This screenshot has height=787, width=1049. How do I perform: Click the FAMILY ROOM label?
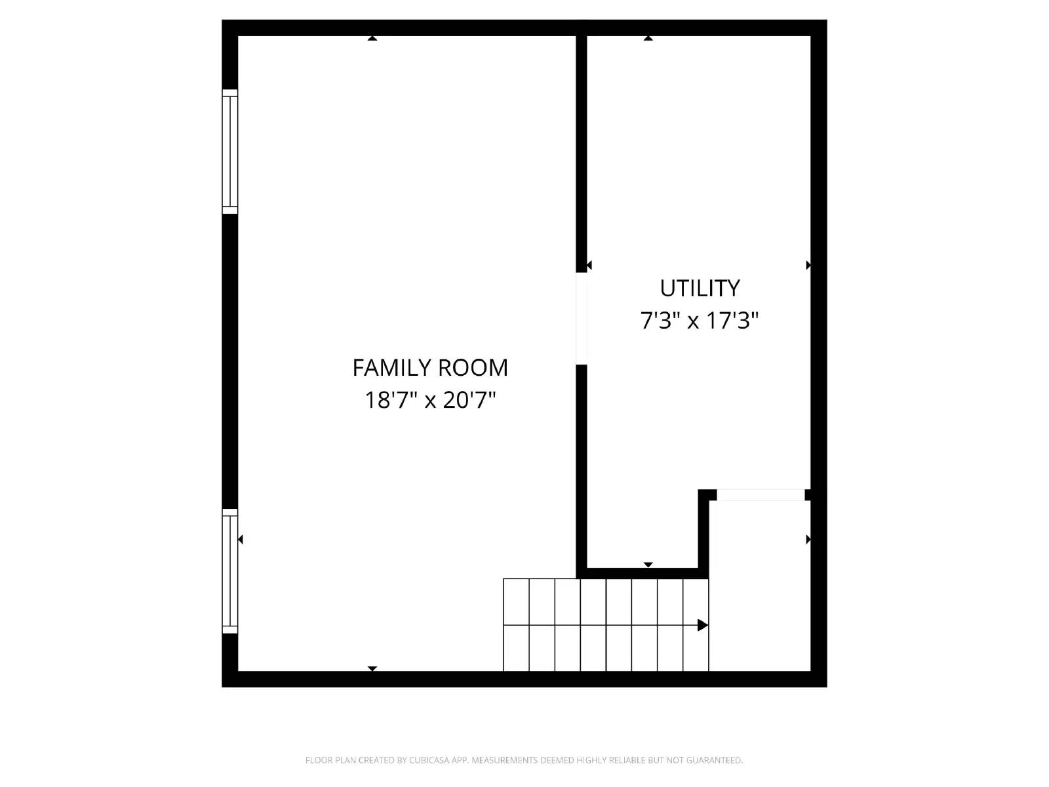430,368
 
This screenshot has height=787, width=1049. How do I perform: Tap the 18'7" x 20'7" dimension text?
430,400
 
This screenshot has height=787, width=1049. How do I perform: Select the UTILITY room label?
700,288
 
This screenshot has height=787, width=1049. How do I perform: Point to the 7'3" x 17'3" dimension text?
700,321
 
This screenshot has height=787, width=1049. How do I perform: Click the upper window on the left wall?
230,151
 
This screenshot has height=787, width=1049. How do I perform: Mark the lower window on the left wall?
230,571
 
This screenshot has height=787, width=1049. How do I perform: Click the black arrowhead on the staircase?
702,625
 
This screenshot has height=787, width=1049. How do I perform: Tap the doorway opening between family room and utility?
582,318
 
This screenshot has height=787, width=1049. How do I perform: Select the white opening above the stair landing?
761,495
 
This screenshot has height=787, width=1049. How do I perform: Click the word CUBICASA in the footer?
429,760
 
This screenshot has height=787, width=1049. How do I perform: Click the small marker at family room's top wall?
372,38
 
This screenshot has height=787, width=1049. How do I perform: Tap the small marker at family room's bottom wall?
372,668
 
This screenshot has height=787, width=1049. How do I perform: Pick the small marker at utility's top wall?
648,38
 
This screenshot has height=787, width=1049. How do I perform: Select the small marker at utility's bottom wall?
648,565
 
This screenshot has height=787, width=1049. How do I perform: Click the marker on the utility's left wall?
589,265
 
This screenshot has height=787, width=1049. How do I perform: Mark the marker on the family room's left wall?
241,539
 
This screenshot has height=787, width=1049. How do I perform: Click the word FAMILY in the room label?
391,368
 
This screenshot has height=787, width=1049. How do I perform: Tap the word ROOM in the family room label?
473,368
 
